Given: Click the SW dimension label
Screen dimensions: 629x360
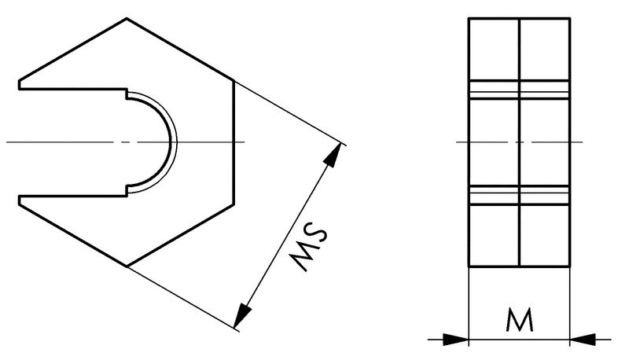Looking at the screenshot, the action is (x=310, y=245).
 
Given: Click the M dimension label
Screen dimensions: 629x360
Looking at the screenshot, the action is (x=520, y=320).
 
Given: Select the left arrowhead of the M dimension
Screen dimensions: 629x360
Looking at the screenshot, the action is (x=455, y=340).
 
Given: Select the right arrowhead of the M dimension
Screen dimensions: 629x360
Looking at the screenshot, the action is (x=583, y=340).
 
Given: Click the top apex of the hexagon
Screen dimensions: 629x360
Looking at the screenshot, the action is (x=127, y=18).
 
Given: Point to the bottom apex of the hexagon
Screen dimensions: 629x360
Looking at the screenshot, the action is (x=127, y=266).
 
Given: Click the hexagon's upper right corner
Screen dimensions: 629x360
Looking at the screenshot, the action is (x=234, y=80).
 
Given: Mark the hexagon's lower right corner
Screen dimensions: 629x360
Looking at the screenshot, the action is (x=234, y=204).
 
